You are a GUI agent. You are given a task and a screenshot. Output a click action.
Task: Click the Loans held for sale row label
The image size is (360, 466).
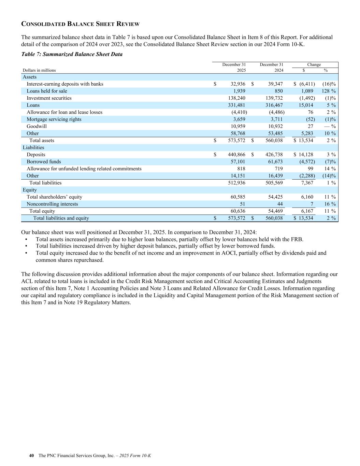[x=47, y=91]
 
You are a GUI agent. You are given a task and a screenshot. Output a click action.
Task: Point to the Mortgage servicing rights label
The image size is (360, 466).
[x=54, y=119]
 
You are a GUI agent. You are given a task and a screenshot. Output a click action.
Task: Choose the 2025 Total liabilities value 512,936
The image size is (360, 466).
[x=236, y=183]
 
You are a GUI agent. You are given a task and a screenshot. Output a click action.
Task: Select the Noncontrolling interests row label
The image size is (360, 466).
[x=52, y=204]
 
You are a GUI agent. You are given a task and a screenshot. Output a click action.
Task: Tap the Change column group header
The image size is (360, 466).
[x=314, y=65]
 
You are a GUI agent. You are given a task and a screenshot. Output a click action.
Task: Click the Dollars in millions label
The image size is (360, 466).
[x=39, y=70]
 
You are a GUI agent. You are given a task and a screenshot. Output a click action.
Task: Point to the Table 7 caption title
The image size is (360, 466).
[x=72, y=54]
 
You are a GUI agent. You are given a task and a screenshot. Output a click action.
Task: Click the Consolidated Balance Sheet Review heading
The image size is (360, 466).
[x=80, y=24]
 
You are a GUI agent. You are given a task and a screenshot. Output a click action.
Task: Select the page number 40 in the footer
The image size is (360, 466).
[x=31, y=456]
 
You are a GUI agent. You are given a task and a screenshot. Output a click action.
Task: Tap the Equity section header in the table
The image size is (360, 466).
[x=30, y=190]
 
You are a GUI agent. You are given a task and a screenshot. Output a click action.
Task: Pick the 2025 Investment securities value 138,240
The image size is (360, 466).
[x=236, y=98]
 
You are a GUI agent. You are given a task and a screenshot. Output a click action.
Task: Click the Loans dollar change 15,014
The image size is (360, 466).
[x=306, y=105]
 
